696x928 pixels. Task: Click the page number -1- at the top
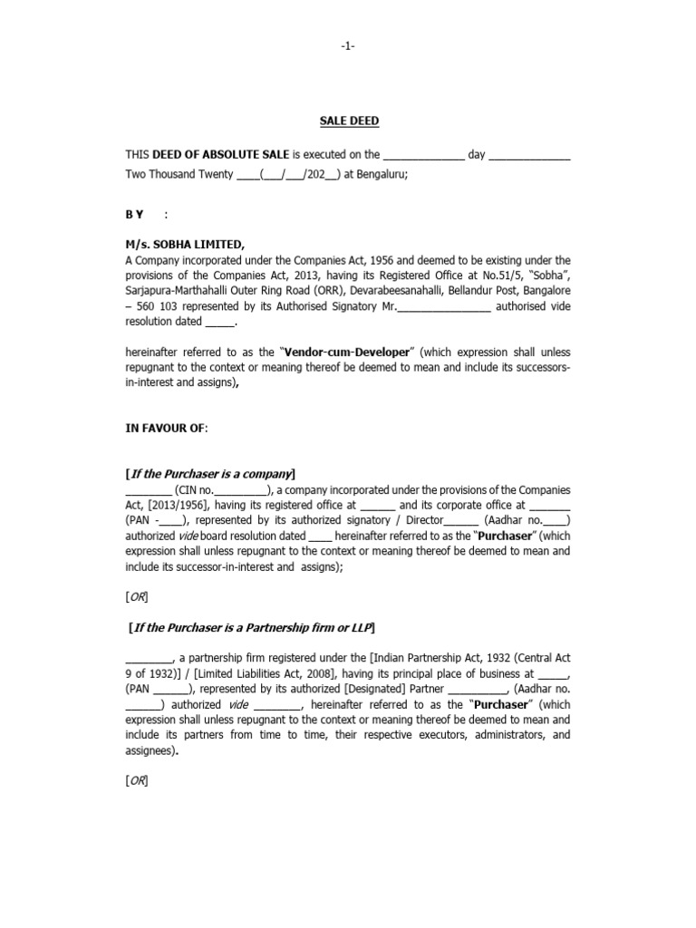pyautogui.click(x=348, y=48)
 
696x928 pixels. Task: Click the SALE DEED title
pyautogui.click(x=348, y=121)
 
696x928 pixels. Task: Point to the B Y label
pyautogui.click(x=135, y=213)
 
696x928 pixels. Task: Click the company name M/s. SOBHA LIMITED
pyautogui.click(x=185, y=244)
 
